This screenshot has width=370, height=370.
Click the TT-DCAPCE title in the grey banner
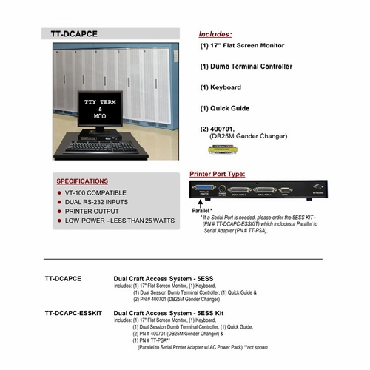coord(84,34)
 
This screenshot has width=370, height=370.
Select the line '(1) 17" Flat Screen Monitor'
coord(242,46)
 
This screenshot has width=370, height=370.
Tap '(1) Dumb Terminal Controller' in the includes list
coord(246,67)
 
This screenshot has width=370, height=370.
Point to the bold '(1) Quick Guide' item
coord(225,108)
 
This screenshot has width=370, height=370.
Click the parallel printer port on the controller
coord(207,191)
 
